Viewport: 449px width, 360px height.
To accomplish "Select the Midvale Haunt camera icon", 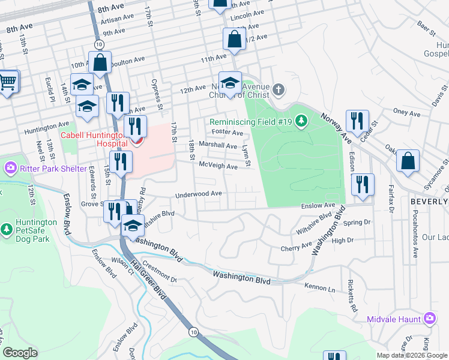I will click(x=429, y=318).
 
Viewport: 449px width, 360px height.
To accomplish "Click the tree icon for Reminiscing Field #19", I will click(x=303, y=122).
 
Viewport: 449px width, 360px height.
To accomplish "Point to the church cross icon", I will click(x=277, y=90).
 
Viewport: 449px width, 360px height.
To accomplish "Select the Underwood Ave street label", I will click(x=199, y=194).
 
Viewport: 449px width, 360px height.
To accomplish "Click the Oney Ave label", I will click(x=406, y=112).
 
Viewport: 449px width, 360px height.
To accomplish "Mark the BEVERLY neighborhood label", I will click(x=429, y=202).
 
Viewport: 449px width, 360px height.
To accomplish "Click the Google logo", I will click(x=20, y=353).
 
